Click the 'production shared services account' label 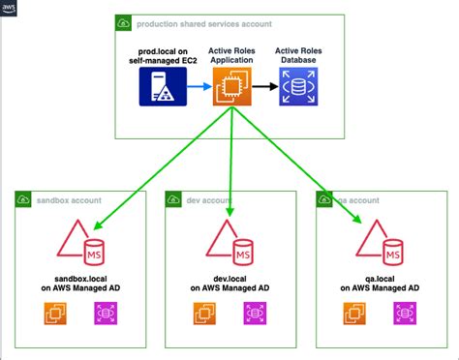tap(191, 22)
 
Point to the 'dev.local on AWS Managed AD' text tap(229, 283)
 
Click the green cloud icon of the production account tap(124, 22)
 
